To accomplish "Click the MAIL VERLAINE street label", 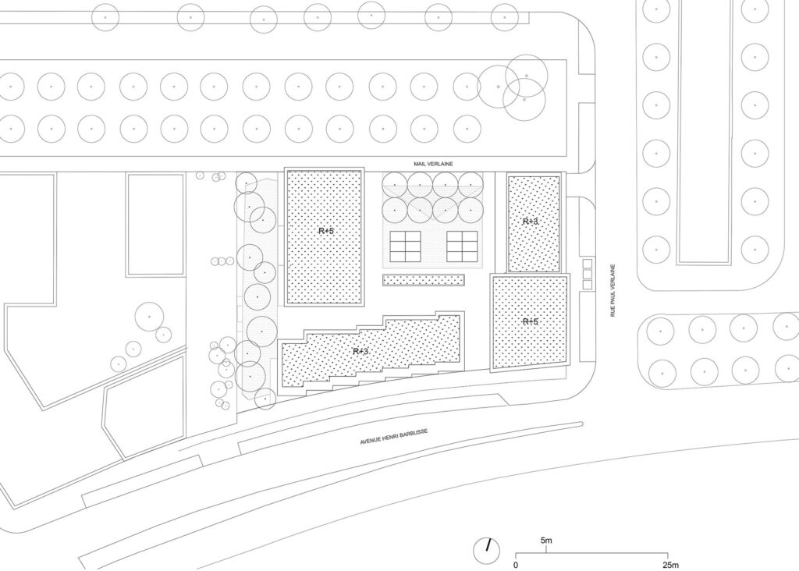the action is tap(433, 164).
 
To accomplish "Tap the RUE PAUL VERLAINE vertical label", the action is tap(613, 290).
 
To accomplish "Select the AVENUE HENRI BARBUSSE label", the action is tap(394, 437).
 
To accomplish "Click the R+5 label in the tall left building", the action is tap(326, 231).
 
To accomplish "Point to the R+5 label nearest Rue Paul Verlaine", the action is tap(531, 321).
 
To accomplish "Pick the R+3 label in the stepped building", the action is tap(360, 351).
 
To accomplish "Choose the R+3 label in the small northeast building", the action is tap(531, 222).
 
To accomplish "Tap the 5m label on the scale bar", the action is tap(546, 541).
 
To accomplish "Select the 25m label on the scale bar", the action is tap(670, 565).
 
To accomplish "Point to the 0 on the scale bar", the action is tap(516, 565).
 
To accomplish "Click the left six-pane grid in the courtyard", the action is tap(406, 246).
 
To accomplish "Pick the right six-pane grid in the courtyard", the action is tap(462, 246).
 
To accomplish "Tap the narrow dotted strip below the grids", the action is tap(424, 280).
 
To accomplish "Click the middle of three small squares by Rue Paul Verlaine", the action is tap(588, 274).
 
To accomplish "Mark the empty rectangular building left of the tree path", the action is tap(156, 225).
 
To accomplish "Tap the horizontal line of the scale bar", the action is tap(591, 553).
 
